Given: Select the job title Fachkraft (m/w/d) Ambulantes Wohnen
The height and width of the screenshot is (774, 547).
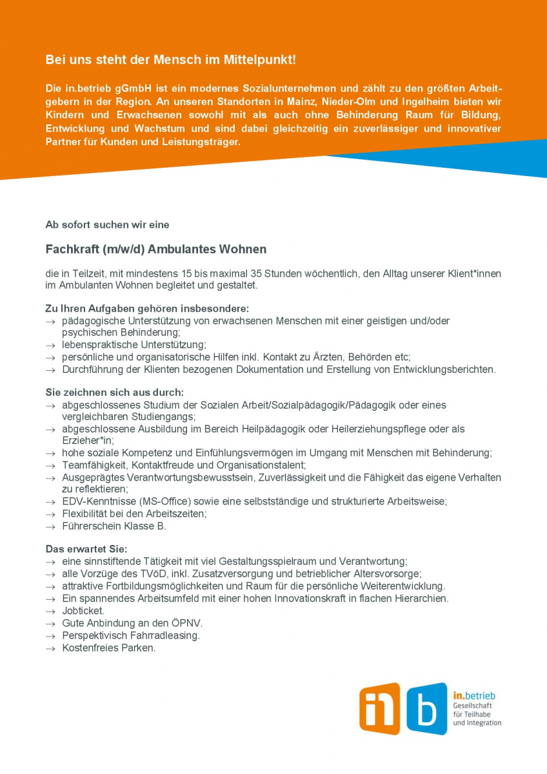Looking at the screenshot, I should pos(155,249).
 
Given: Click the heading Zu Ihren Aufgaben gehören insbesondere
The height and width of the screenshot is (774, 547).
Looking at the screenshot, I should pos(147,309).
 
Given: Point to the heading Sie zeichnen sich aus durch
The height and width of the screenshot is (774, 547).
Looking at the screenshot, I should pos(114,393).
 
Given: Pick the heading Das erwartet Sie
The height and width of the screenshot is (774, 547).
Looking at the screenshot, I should pos(86,550).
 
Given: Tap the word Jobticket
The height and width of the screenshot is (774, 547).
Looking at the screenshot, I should pos(83,610).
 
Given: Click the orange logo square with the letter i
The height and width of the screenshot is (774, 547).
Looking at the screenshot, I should pos(379,709).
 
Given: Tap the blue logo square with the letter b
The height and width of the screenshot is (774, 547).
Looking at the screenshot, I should pos(426,709).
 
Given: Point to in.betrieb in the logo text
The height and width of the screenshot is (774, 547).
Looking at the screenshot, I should pos(474,696).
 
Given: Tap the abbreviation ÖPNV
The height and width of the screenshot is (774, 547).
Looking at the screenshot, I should pos(187,623).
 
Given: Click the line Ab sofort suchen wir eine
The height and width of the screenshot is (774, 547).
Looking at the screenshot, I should pos(107,224).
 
